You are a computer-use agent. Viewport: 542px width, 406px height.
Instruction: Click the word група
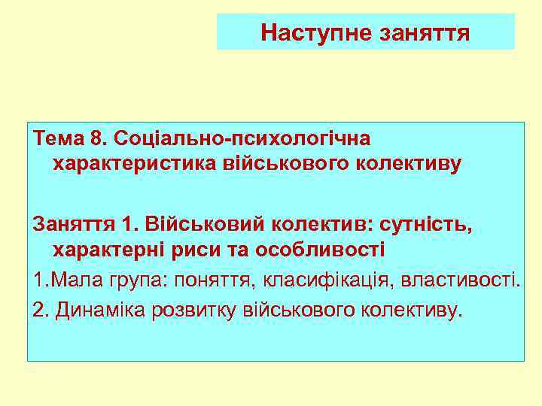point(139,280)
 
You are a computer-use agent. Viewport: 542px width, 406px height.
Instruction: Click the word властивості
point(459,280)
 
